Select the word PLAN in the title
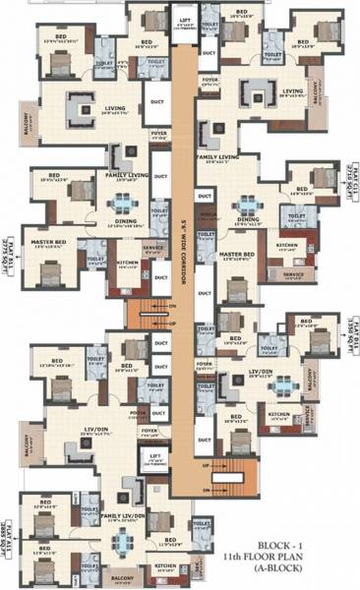(x=327, y=557)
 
